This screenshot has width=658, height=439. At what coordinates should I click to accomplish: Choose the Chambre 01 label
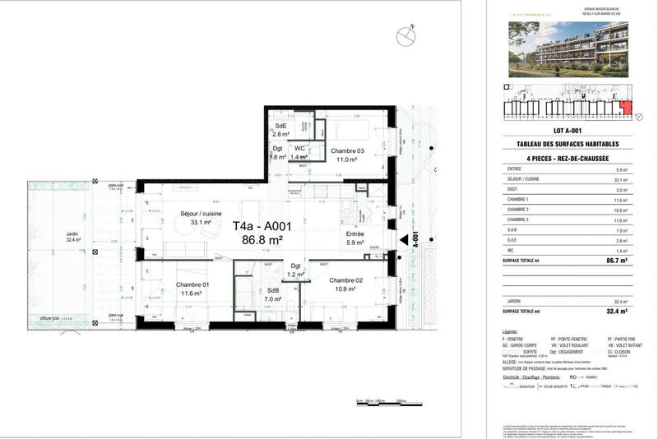191,284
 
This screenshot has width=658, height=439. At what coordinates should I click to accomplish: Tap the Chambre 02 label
346,280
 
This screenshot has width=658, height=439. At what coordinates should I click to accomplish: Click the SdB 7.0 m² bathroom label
272,295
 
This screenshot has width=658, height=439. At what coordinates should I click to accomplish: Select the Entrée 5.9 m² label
354,238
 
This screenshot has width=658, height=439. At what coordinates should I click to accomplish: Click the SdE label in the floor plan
281,125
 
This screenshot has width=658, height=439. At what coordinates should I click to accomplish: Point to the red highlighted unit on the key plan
627,108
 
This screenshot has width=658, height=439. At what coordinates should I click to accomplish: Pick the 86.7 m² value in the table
617,260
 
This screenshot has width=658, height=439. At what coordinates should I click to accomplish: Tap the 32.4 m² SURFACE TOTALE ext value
617,312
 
